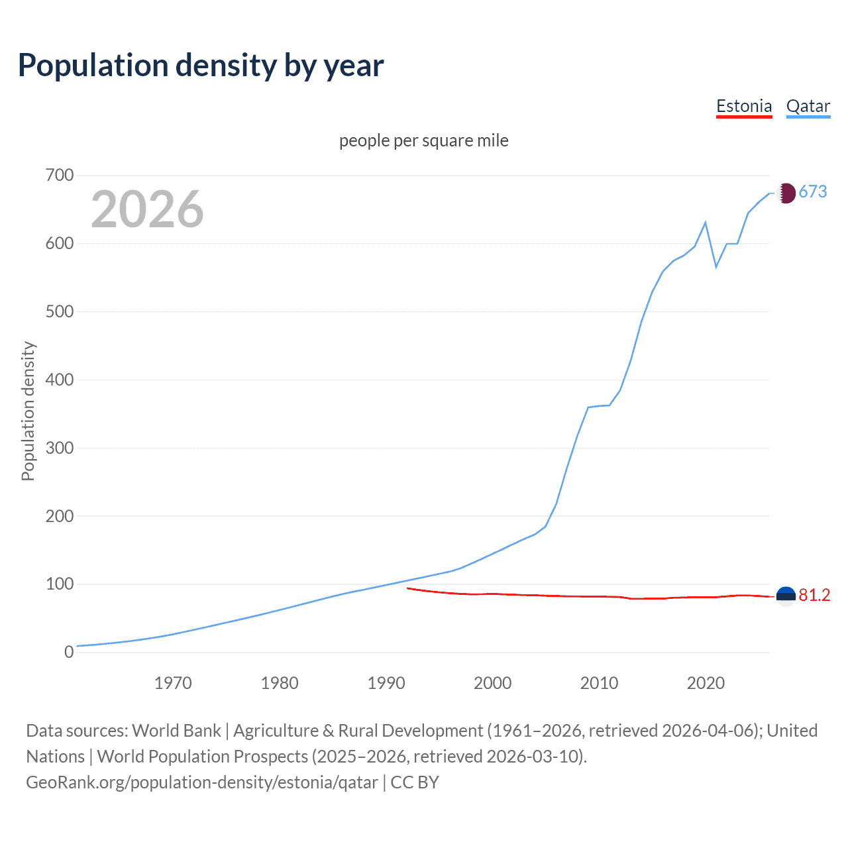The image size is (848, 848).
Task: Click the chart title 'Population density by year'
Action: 201,66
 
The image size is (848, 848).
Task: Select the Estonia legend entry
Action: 744,106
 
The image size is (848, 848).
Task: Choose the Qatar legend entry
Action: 808,106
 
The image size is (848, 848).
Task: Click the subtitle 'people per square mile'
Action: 423,140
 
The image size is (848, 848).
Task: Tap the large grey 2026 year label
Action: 147,209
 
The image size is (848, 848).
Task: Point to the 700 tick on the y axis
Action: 60,176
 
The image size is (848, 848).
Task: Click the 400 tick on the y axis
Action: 60,380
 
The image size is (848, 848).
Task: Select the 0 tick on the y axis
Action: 69,652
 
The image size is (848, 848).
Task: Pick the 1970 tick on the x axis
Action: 173,683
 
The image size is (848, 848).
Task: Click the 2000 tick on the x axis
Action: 492,683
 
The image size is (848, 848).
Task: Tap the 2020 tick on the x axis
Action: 706,683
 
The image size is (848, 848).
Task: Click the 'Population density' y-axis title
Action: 28,411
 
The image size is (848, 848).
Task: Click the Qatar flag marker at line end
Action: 786,193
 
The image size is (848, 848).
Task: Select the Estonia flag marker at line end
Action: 786,596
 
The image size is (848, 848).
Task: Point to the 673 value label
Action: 813,192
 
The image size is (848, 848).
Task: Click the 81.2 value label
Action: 814,596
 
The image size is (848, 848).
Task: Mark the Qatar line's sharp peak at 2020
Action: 706,223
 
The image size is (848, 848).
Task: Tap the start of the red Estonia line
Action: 407,588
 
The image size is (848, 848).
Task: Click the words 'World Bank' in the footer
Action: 176,731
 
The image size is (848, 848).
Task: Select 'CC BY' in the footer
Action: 415,782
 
